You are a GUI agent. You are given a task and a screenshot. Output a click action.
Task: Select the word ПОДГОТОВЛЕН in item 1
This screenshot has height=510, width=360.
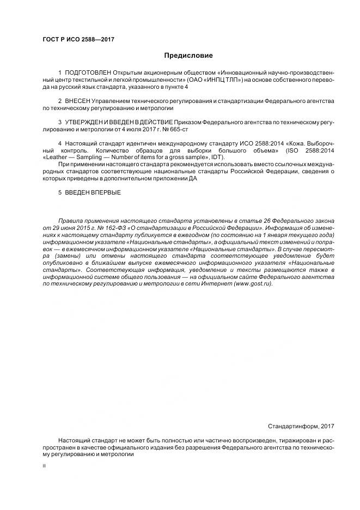click(x=88, y=72)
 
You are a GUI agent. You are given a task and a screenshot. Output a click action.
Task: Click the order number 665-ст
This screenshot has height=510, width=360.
click(x=186, y=130)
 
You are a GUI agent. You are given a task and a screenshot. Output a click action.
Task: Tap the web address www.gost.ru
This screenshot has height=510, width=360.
click(x=252, y=284)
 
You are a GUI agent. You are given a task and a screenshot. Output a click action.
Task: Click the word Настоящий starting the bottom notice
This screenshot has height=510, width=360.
click(x=74, y=439)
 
